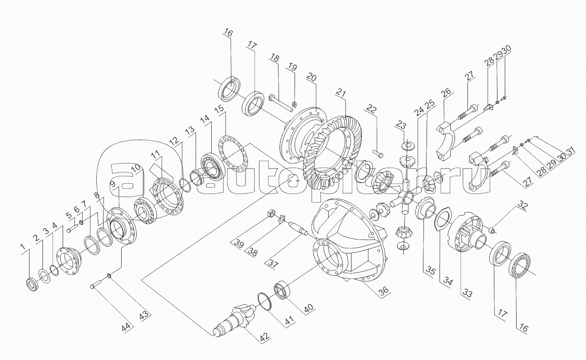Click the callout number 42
(264, 336)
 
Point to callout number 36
(383, 290)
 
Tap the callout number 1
(23, 247)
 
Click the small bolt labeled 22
(377, 153)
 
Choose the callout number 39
(238, 244)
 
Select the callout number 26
(447, 93)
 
